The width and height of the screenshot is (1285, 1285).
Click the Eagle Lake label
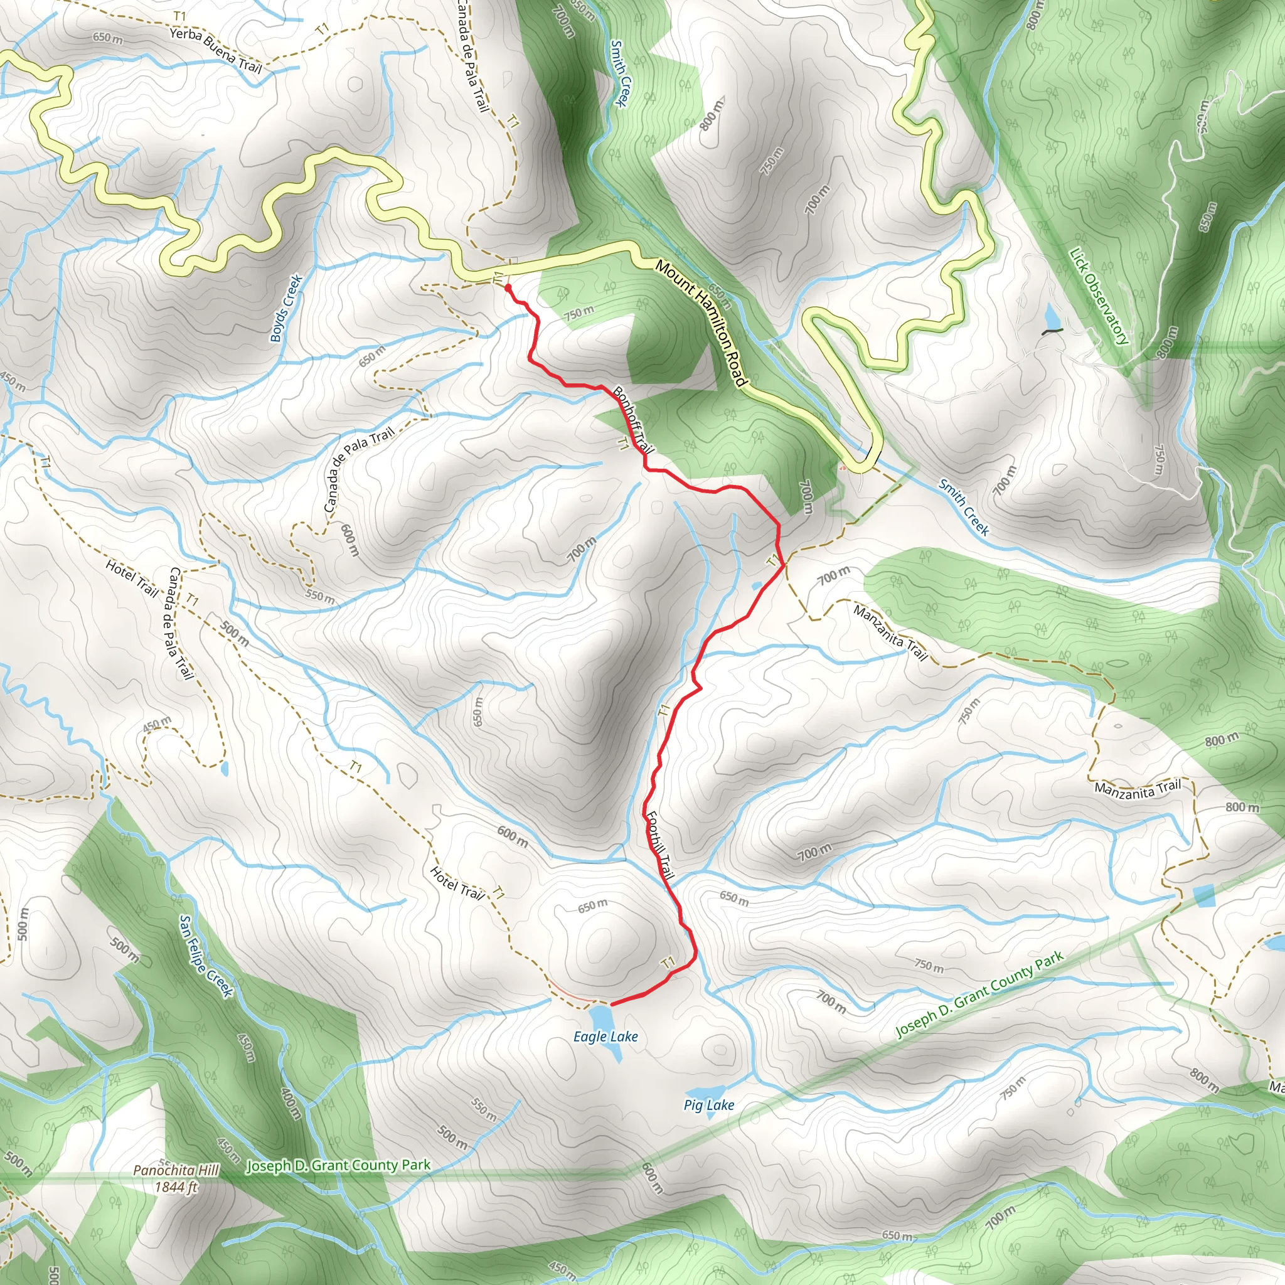605,1037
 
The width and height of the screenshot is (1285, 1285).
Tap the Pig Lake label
709,1105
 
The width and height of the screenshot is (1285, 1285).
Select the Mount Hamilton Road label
701,323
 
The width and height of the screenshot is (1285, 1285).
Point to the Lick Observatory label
1098,296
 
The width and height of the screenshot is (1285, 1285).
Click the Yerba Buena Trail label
215,50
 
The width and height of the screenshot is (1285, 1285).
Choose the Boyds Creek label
287,309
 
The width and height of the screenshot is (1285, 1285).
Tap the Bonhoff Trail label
634,420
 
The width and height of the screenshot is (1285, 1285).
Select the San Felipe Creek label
206,956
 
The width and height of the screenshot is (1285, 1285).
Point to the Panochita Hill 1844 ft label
176,1179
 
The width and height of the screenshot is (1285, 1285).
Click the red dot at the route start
508,288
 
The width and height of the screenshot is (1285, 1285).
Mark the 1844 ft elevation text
176,1187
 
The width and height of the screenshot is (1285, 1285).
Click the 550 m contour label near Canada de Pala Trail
320,597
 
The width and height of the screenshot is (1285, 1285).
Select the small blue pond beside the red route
757,586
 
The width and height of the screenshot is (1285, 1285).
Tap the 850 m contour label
1207,217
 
